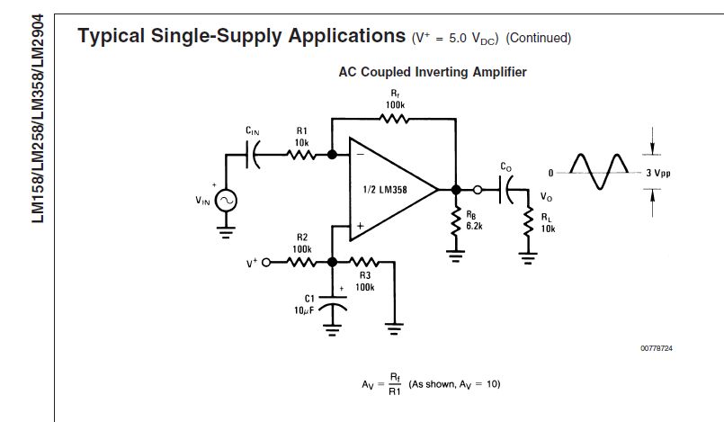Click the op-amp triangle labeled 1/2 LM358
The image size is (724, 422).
tap(388, 190)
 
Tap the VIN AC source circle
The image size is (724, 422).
tap(224, 201)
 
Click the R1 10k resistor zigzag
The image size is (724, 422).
tap(302, 154)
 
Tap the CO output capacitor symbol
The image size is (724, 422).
tap(507, 189)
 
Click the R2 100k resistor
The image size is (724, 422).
tap(302, 262)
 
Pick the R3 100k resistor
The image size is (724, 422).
tap(365, 262)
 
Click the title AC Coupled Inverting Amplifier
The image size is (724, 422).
tap(432, 72)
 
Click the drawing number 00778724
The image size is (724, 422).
tap(657, 347)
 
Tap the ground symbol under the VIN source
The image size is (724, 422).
tap(224, 229)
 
